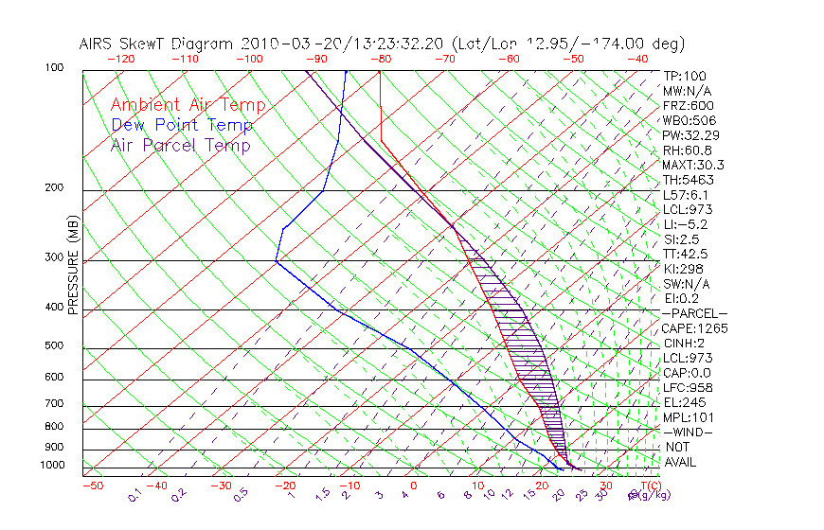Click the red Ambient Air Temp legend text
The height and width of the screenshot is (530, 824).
click(188, 105)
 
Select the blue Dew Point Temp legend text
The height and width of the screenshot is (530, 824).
click(182, 125)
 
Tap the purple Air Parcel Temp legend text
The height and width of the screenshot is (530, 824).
click(180, 145)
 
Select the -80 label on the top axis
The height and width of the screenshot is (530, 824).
click(381, 59)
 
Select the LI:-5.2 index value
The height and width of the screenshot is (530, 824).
click(685, 224)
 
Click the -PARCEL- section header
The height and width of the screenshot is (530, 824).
click(694, 313)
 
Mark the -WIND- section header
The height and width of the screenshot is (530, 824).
click(688, 432)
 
